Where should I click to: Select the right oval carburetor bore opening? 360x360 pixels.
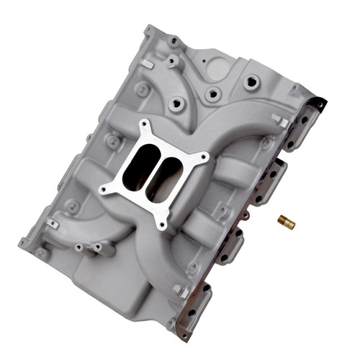[x=168, y=172]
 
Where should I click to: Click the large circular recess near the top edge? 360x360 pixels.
[x=217, y=68]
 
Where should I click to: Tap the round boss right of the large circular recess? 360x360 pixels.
[x=250, y=82]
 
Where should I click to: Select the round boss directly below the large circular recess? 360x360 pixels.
[x=213, y=94]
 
